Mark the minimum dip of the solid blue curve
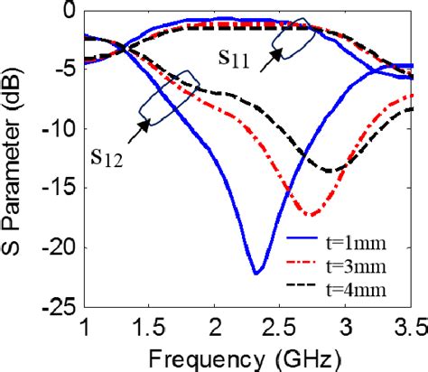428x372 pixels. tap(256, 272)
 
